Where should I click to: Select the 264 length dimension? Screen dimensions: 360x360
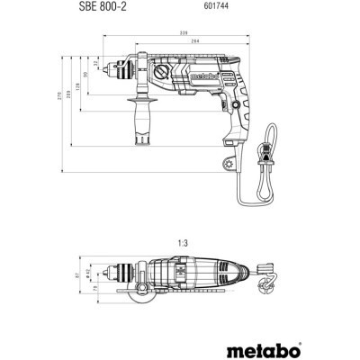194,42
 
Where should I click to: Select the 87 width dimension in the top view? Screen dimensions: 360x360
76,275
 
